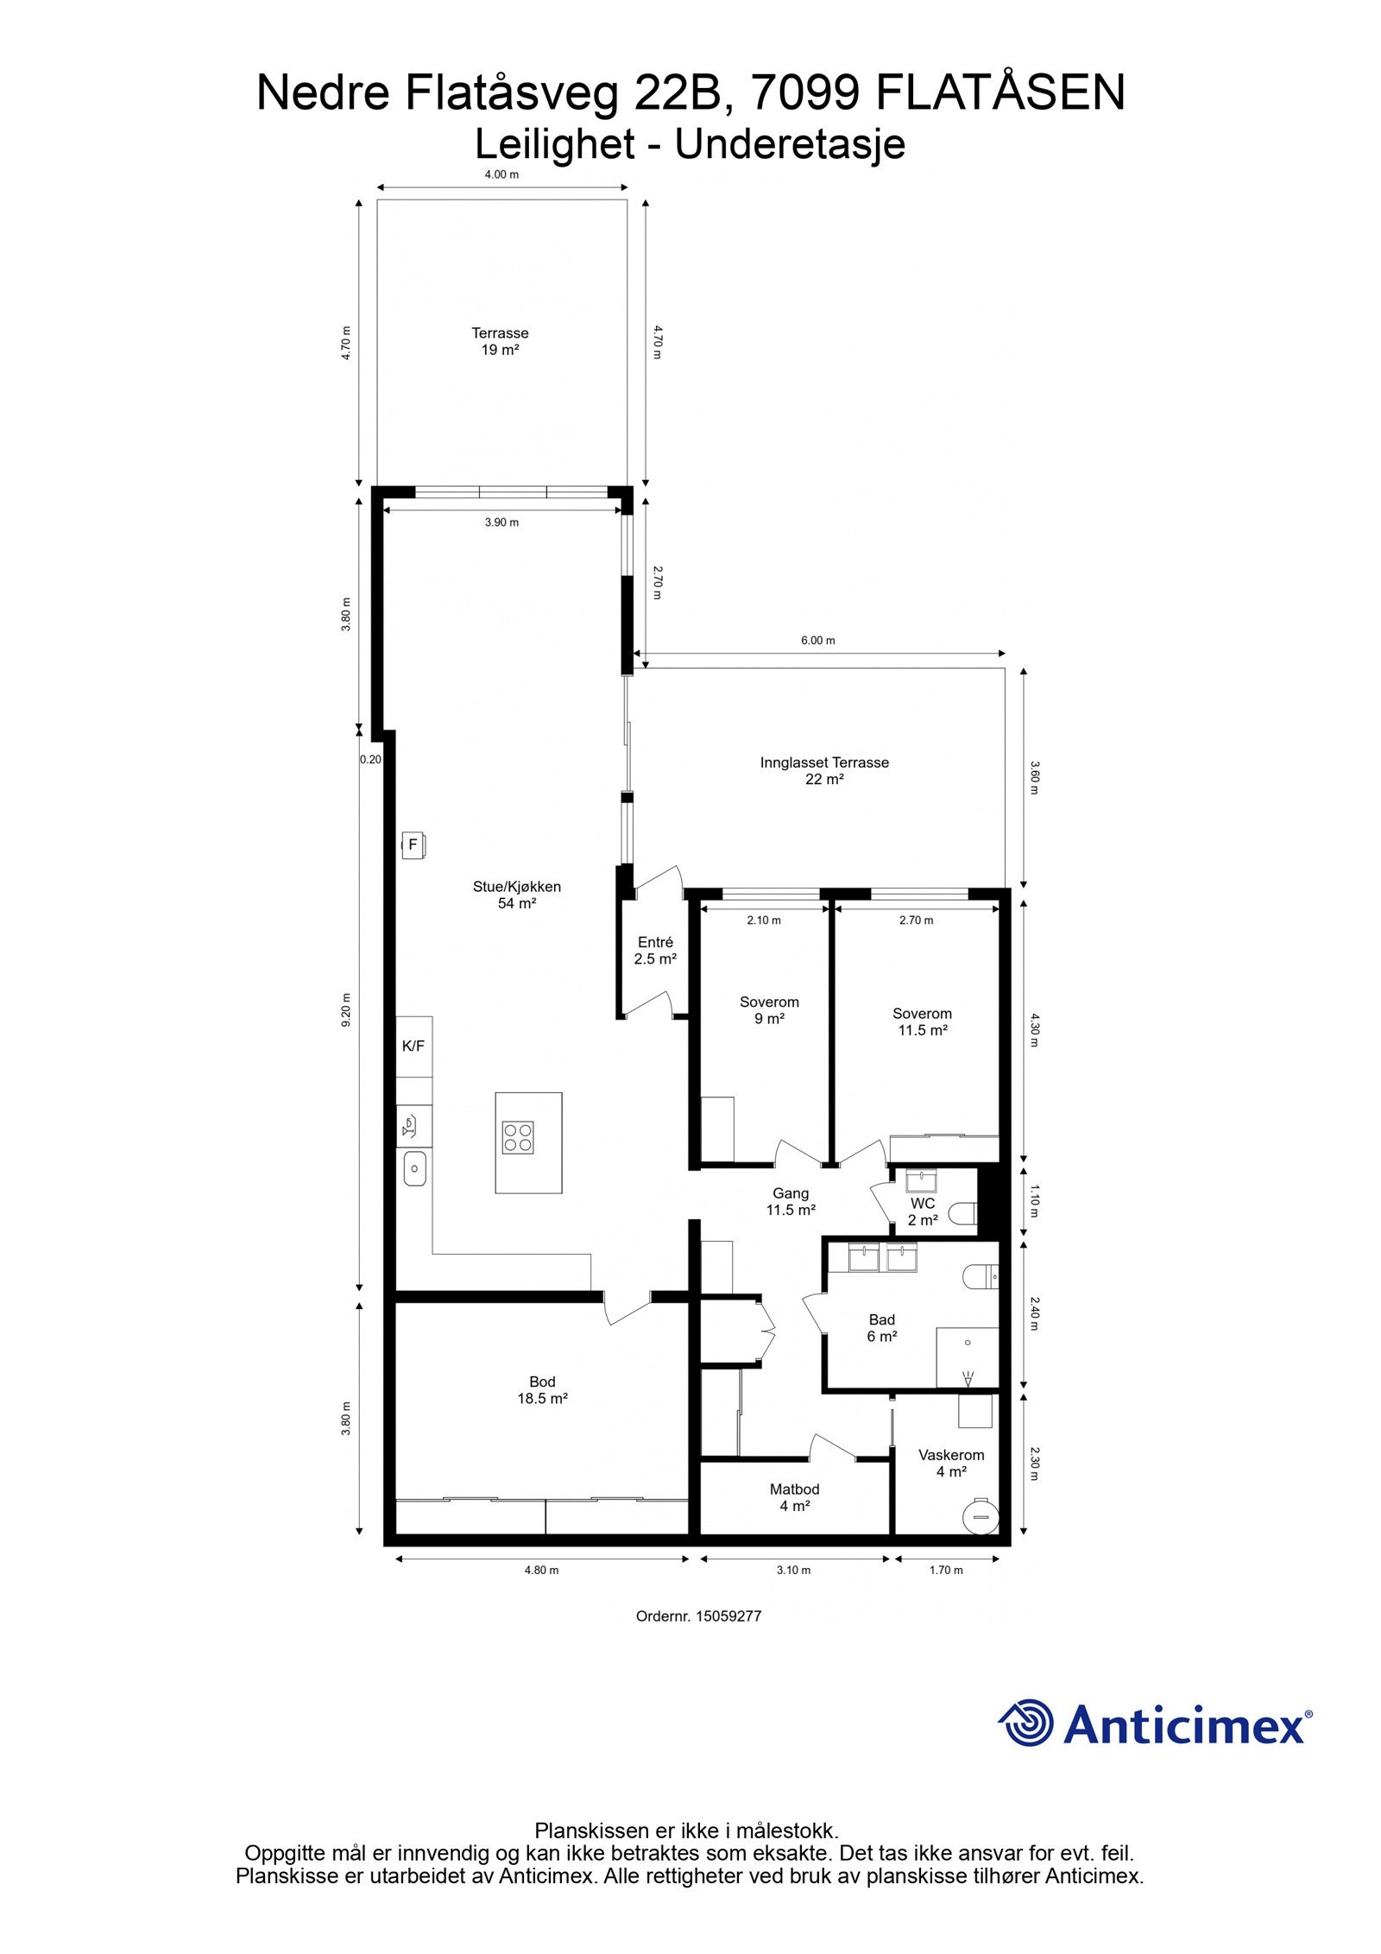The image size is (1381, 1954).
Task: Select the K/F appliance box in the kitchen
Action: (413, 1047)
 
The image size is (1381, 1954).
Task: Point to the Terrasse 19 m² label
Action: (500, 341)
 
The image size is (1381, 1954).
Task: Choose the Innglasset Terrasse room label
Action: (824, 770)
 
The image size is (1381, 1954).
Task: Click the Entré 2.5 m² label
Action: (655, 951)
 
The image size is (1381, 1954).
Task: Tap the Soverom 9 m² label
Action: (769, 1010)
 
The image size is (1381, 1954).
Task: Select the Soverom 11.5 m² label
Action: (923, 1021)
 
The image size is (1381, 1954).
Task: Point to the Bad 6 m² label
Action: (882, 1328)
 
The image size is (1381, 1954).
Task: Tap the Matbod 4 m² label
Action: (794, 1497)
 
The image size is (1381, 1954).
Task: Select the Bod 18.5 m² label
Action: (542, 1390)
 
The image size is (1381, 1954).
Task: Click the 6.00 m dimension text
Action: (818, 641)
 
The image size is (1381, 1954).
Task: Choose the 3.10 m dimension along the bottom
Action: (793, 1570)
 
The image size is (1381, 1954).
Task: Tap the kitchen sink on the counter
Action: (415, 1169)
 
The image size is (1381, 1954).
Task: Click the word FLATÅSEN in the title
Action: (1000, 93)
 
